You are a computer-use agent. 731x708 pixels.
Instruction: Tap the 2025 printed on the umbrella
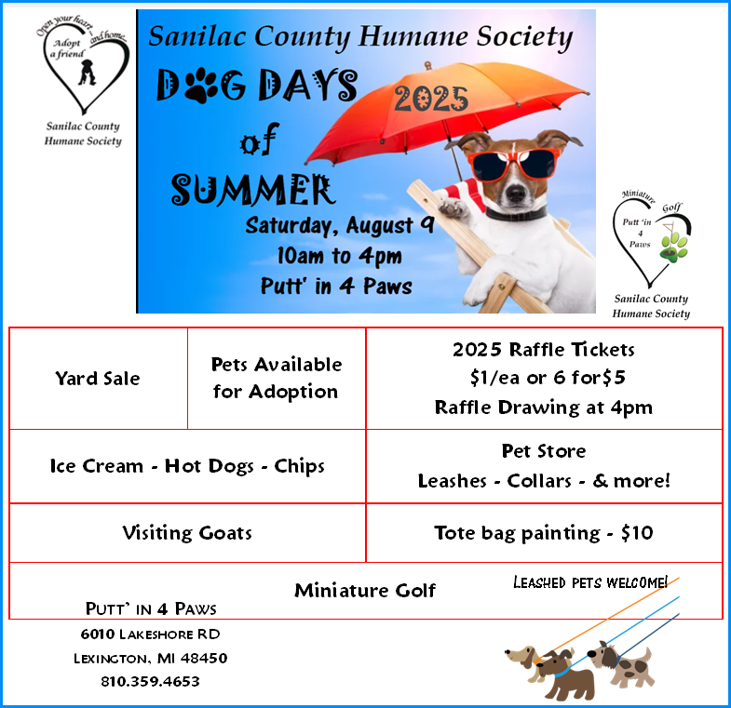(431, 99)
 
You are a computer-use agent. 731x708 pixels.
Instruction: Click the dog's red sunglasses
(513, 164)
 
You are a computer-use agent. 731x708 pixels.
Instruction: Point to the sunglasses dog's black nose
(516, 193)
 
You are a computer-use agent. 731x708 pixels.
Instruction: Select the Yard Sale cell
(98, 379)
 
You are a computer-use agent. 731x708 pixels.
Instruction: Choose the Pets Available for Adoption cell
(277, 379)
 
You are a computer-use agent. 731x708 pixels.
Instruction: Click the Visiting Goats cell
(187, 533)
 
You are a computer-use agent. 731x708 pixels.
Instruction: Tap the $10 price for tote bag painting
(637, 532)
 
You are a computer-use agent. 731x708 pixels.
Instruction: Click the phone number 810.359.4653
(150, 681)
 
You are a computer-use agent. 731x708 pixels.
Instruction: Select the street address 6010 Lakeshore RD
(150, 634)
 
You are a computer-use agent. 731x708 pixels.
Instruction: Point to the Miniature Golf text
(365, 590)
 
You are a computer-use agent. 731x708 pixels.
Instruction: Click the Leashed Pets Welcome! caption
(590, 582)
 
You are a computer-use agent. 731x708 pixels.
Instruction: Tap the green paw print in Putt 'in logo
(674, 245)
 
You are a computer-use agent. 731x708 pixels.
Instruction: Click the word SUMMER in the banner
(252, 190)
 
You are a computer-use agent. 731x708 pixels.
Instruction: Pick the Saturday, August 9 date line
(340, 225)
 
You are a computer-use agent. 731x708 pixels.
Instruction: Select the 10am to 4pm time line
(339, 256)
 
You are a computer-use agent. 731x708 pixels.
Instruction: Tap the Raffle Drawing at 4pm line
(544, 407)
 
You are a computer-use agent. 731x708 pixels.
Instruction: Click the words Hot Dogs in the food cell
(209, 466)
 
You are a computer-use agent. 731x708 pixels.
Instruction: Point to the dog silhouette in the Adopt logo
(87, 73)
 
